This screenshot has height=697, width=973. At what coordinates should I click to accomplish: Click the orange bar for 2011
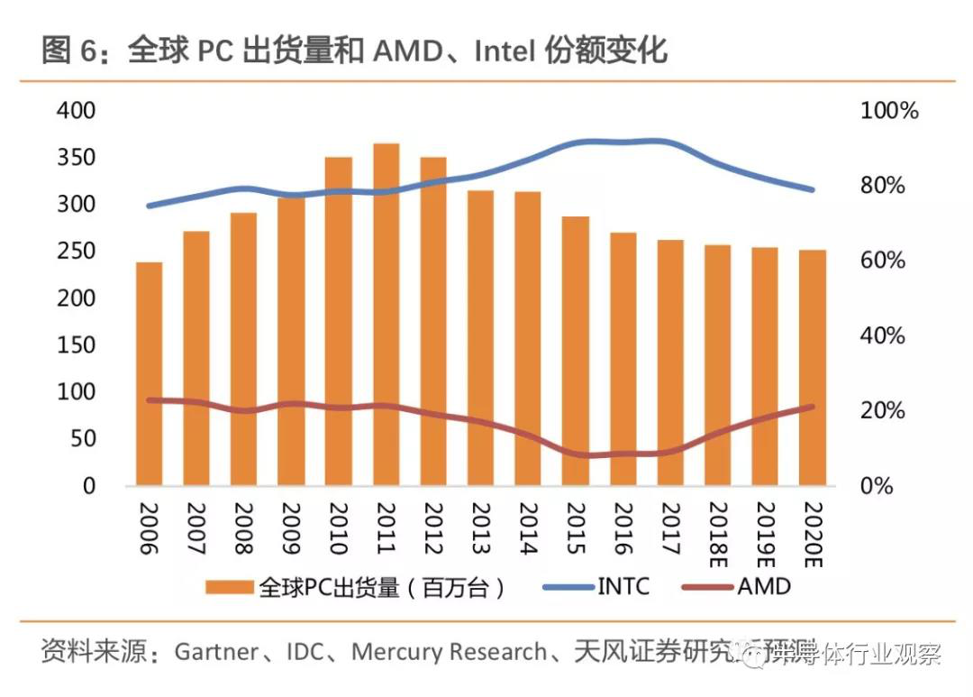point(386,316)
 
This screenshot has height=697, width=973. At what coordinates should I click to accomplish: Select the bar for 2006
point(150,374)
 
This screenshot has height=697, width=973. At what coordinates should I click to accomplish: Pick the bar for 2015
point(576,352)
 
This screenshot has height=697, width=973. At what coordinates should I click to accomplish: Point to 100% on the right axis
point(889,111)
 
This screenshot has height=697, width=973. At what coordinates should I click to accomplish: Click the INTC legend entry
point(623,587)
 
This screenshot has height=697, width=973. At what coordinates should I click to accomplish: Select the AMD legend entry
point(764,587)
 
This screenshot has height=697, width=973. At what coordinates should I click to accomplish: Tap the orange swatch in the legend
point(230,588)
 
